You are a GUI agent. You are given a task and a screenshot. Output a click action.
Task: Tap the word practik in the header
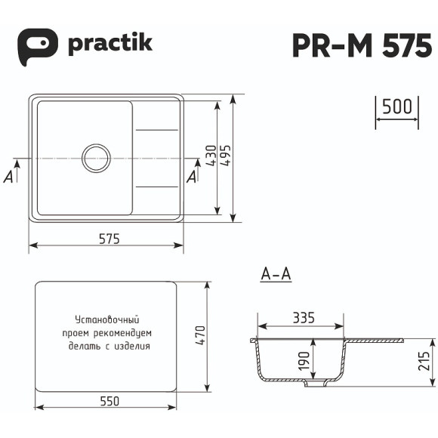click(x=110, y=42)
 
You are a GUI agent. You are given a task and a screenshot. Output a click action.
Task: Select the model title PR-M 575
click(x=362, y=45)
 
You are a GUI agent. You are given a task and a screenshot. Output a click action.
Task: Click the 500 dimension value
click(x=396, y=106)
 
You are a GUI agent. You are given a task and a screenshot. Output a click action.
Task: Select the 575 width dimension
click(x=109, y=239)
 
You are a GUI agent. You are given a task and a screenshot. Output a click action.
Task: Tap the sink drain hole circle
click(x=96, y=158)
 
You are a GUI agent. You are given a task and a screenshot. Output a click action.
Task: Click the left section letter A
click(x=10, y=176)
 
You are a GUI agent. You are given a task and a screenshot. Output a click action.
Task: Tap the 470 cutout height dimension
click(x=200, y=337)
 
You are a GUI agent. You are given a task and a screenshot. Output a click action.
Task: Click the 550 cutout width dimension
click(x=109, y=402)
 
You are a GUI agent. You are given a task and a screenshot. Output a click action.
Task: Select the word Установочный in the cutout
click(x=106, y=319)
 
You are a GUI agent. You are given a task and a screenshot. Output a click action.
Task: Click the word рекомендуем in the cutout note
click(x=125, y=333)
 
